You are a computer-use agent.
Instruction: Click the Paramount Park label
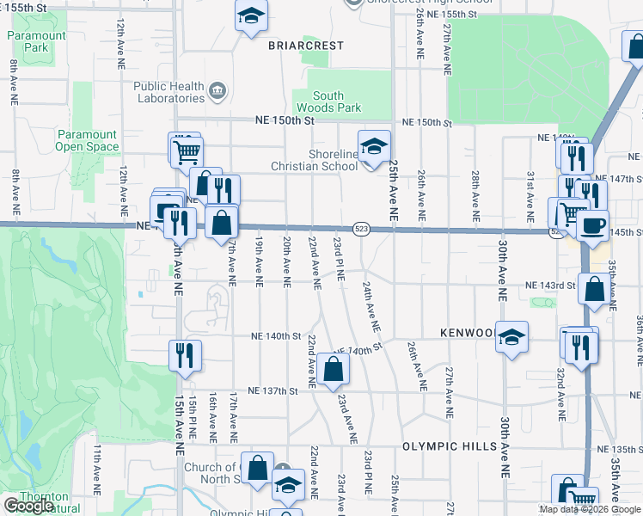[38, 41]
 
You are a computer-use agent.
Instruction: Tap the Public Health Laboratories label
[168, 92]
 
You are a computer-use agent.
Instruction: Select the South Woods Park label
[328, 101]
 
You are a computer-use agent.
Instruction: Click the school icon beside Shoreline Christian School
[374, 147]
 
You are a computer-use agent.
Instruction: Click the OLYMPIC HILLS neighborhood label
[449, 446]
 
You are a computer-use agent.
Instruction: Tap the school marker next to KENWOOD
[511, 338]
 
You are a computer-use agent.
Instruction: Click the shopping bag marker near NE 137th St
[333, 369]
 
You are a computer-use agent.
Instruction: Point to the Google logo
[28, 506]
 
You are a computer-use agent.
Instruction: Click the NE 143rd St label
[551, 286]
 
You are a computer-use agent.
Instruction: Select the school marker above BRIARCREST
[251, 15]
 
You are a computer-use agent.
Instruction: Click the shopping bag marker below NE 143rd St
[594, 289]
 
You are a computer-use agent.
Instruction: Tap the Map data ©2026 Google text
[591, 509]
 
